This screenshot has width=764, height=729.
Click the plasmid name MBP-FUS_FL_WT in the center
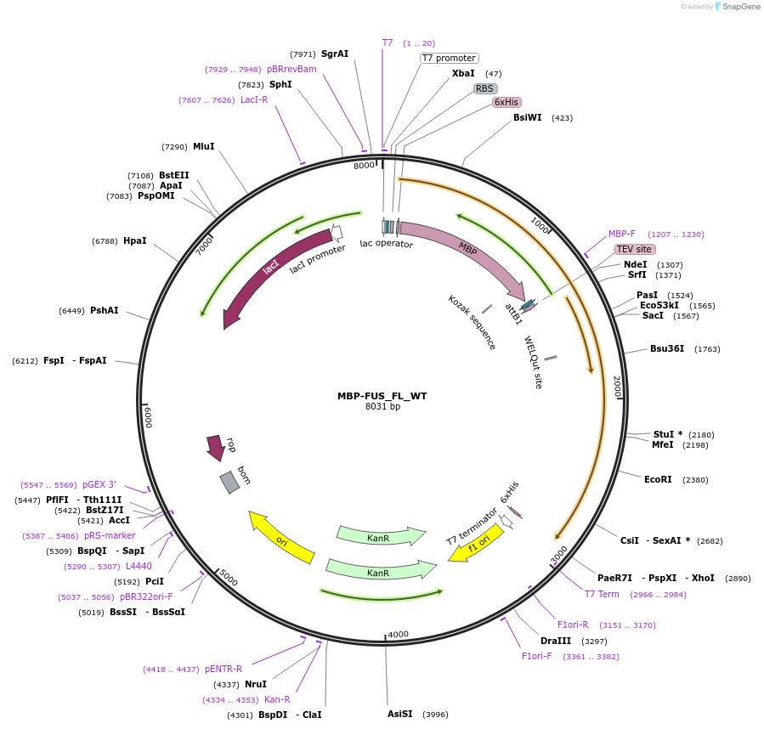[x=382, y=396]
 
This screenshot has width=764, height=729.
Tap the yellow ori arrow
[x=281, y=540]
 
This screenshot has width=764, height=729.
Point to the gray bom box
[x=229, y=483]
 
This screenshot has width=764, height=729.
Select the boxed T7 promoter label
[x=450, y=58]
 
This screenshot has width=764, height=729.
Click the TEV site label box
[x=635, y=249]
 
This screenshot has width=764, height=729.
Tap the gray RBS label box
[x=485, y=88]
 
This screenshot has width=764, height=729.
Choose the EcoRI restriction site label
[x=658, y=479]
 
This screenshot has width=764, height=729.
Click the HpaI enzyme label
[x=134, y=240]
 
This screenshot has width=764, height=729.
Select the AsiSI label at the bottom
[x=399, y=714]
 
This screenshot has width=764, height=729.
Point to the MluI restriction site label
[x=203, y=146]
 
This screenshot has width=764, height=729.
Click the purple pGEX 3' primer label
[x=99, y=484]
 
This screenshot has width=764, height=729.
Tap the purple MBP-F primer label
[x=621, y=234]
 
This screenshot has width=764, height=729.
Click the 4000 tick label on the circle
[x=398, y=634]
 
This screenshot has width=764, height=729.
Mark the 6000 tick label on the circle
[x=148, y=417]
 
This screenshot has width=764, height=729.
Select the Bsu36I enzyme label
[x=667, y=348]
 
